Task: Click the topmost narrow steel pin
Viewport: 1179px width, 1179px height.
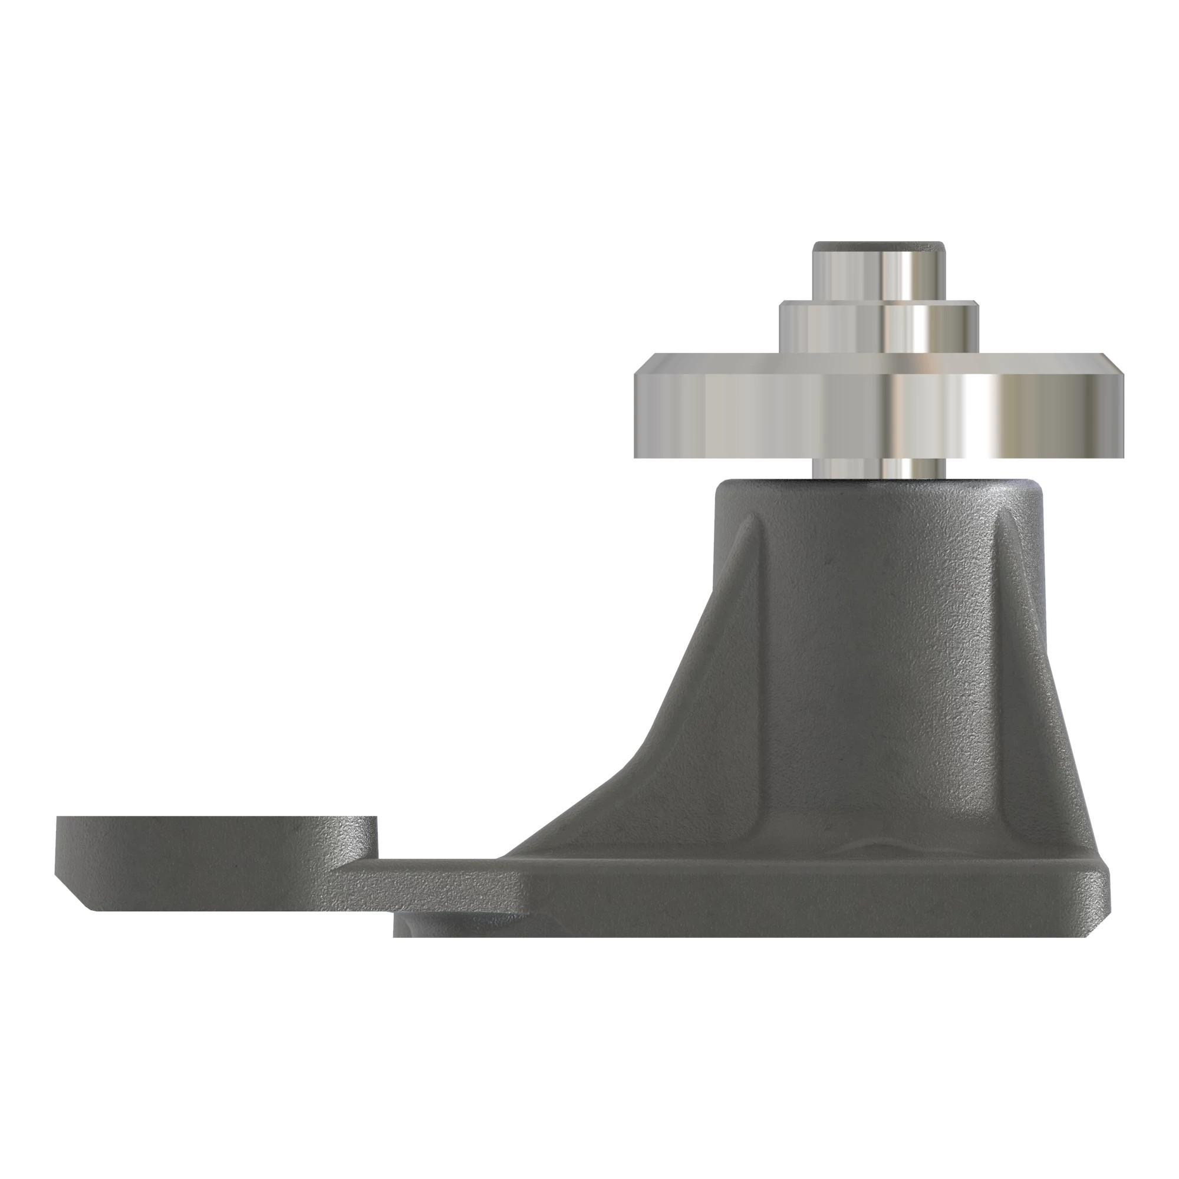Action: coord(879,275)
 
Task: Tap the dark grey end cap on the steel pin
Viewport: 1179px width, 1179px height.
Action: coord(879,246)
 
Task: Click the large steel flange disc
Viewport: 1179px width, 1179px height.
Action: coord(793,415)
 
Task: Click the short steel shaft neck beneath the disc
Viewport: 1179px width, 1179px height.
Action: coord(879,469)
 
